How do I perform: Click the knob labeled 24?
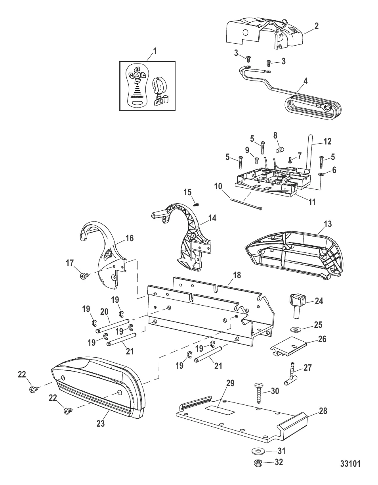pos(297,311)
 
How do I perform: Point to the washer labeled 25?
pos(296,329)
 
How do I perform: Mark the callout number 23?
pos(101,424)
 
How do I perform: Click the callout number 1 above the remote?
pos(155,51)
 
